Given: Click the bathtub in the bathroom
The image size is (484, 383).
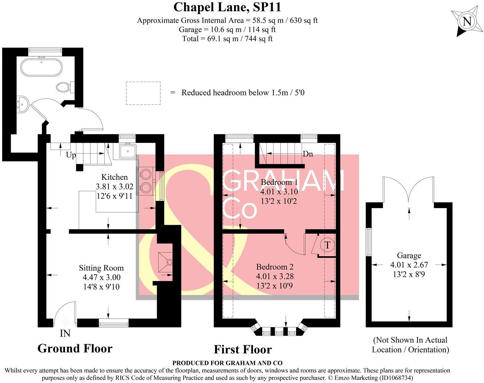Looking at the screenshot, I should point(41,67).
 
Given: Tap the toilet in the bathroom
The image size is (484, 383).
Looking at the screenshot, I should point(65,87).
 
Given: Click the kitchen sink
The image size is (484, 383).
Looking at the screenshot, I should point(127,151).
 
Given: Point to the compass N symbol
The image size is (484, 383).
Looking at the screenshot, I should point(467,22).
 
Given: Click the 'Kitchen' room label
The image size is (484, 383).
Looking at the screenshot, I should point(114,177).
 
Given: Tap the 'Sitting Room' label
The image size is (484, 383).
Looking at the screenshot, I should point(101,268).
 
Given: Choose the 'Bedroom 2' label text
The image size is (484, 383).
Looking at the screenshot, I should point(275,267).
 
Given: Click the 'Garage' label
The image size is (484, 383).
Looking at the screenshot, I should point(409,256).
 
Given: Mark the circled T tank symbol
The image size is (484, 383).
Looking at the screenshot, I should point(327,245).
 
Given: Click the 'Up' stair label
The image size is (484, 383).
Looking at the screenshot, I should point(71,155).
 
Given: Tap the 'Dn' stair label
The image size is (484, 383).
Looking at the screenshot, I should point(308,154).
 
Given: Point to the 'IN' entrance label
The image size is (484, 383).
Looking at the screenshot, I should point(65,333).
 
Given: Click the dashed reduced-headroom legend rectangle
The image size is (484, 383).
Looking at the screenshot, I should point(143,93).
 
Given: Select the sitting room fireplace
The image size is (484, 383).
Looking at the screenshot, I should point(165,262).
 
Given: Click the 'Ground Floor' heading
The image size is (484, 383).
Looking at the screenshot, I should point(75,348).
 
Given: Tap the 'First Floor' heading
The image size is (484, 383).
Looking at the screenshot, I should point(243,349).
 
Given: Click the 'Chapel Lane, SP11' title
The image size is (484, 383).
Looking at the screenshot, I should point(227,7).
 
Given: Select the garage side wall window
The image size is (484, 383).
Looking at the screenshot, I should point(368,242).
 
